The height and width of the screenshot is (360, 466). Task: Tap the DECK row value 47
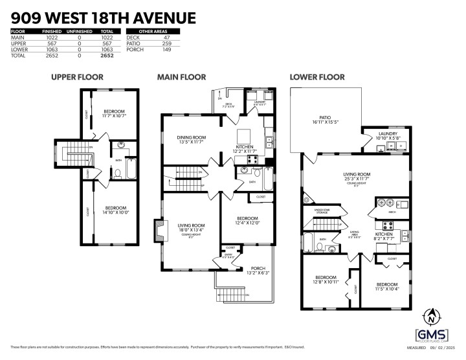coord(168,38)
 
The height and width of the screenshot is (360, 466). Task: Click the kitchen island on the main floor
coord(244,135)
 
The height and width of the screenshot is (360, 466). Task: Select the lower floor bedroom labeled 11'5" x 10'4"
coord(387,286)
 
